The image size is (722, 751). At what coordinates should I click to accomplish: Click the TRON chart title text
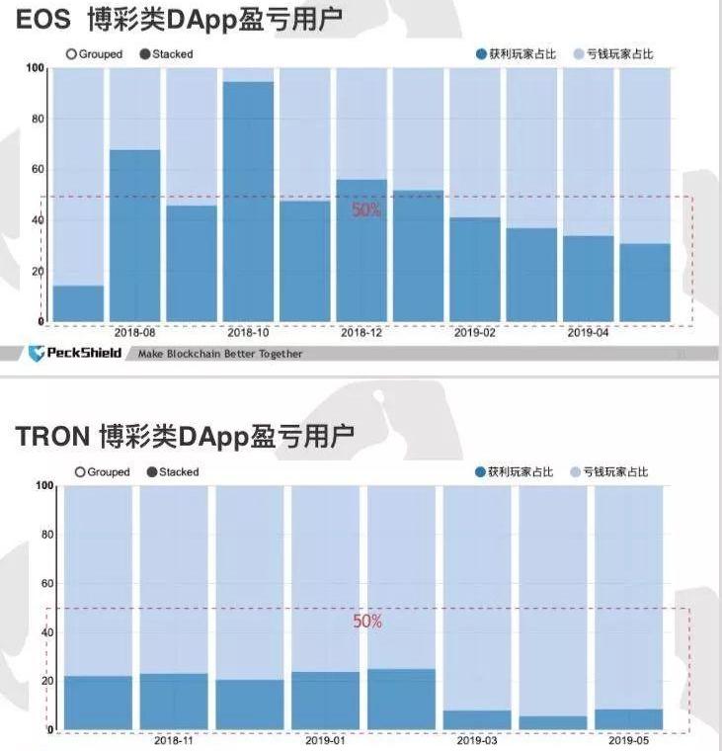click(x=184, y=436)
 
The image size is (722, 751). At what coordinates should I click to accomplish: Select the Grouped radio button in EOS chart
click(x=72, y=54)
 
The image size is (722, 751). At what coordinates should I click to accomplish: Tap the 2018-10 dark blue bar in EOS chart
click(x=248, y=202)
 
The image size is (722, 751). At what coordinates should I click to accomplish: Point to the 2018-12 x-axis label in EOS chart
click(x=361, y=333)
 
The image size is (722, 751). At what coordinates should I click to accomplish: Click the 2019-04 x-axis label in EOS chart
click(x=588, y=333)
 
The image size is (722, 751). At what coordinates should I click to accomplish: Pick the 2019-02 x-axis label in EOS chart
click(x=475, y=333)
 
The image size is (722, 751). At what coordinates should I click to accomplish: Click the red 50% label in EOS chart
click(x=365, y=210)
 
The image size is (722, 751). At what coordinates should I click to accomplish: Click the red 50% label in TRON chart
click(x=367, y=622)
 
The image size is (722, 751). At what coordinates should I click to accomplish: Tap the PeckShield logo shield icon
click(x=37, y=353)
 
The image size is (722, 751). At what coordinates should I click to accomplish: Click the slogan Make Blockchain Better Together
click(x=220, y=354)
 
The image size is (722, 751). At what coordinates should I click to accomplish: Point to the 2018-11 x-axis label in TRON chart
click(x=174, y=739)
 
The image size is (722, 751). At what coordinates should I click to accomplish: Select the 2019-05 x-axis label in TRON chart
click(x=628, y=739)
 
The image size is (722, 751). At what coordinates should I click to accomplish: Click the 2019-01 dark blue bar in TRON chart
click(x=325, y=701)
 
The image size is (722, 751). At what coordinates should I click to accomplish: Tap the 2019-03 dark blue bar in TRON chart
click(x=477, y=719)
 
